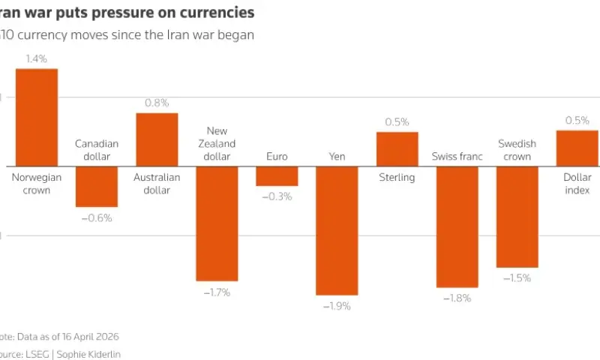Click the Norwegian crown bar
[37, 117]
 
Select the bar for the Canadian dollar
[97, 186]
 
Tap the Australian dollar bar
[157, 139]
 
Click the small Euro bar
[277, 175]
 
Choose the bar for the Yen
[337, 230]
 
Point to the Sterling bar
[397, 148]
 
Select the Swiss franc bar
[457, 226]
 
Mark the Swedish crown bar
[517, 217]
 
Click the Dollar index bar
[577, 148]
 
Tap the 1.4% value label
[37, 58]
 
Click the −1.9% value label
[337, 306]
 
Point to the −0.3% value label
[277, 196]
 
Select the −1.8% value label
[457, 298]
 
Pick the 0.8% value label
[157, 103]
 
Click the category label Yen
[337, 157]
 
